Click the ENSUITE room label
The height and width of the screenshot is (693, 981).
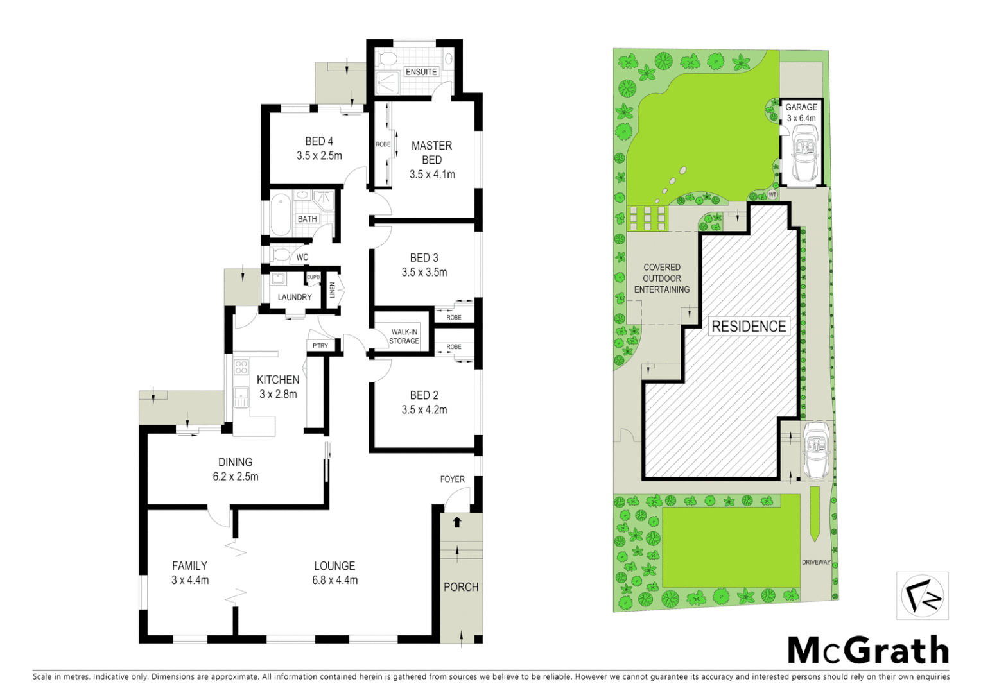421,72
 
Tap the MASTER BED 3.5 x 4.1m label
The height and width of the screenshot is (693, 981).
432,160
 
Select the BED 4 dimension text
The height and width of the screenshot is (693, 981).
319,156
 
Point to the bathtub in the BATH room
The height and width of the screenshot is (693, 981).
281,215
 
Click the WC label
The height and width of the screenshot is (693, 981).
302,257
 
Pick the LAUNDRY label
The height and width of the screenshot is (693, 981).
295,297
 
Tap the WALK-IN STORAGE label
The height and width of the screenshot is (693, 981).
404,336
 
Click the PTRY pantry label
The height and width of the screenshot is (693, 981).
320,346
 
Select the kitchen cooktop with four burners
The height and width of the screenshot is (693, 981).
241,368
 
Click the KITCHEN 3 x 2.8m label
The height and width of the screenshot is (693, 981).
278,387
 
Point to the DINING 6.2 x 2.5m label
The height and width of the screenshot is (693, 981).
236,469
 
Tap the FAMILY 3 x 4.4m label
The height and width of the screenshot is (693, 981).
190,573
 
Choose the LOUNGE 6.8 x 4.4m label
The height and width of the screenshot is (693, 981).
334,573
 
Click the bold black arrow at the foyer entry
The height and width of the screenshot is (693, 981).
457,522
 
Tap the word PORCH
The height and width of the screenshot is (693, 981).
461,587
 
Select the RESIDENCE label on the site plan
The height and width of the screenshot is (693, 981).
749,327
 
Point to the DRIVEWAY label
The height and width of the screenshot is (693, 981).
816,562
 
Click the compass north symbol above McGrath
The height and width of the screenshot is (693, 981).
922,596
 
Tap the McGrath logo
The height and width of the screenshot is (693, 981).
868,651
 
